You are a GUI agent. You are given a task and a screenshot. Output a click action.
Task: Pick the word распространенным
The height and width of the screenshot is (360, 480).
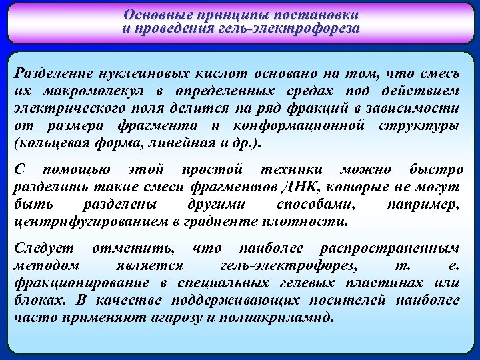390,247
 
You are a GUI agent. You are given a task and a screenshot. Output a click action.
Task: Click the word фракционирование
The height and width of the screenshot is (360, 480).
73,283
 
